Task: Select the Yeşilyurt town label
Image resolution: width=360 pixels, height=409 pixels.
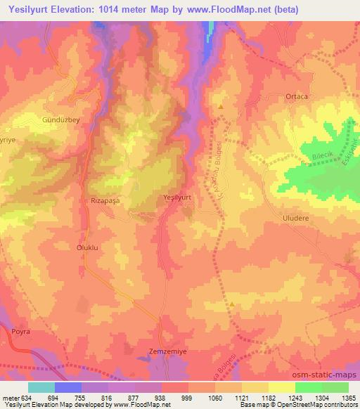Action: (x=177, y=197)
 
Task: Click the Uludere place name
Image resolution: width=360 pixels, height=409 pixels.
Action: (x=296, y=219)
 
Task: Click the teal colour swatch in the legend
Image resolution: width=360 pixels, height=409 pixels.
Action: (x=41, y=387)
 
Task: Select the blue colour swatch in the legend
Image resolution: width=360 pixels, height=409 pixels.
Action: (x=68, y=387)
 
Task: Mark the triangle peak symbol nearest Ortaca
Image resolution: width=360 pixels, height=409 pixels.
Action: (x=221, y=108)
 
